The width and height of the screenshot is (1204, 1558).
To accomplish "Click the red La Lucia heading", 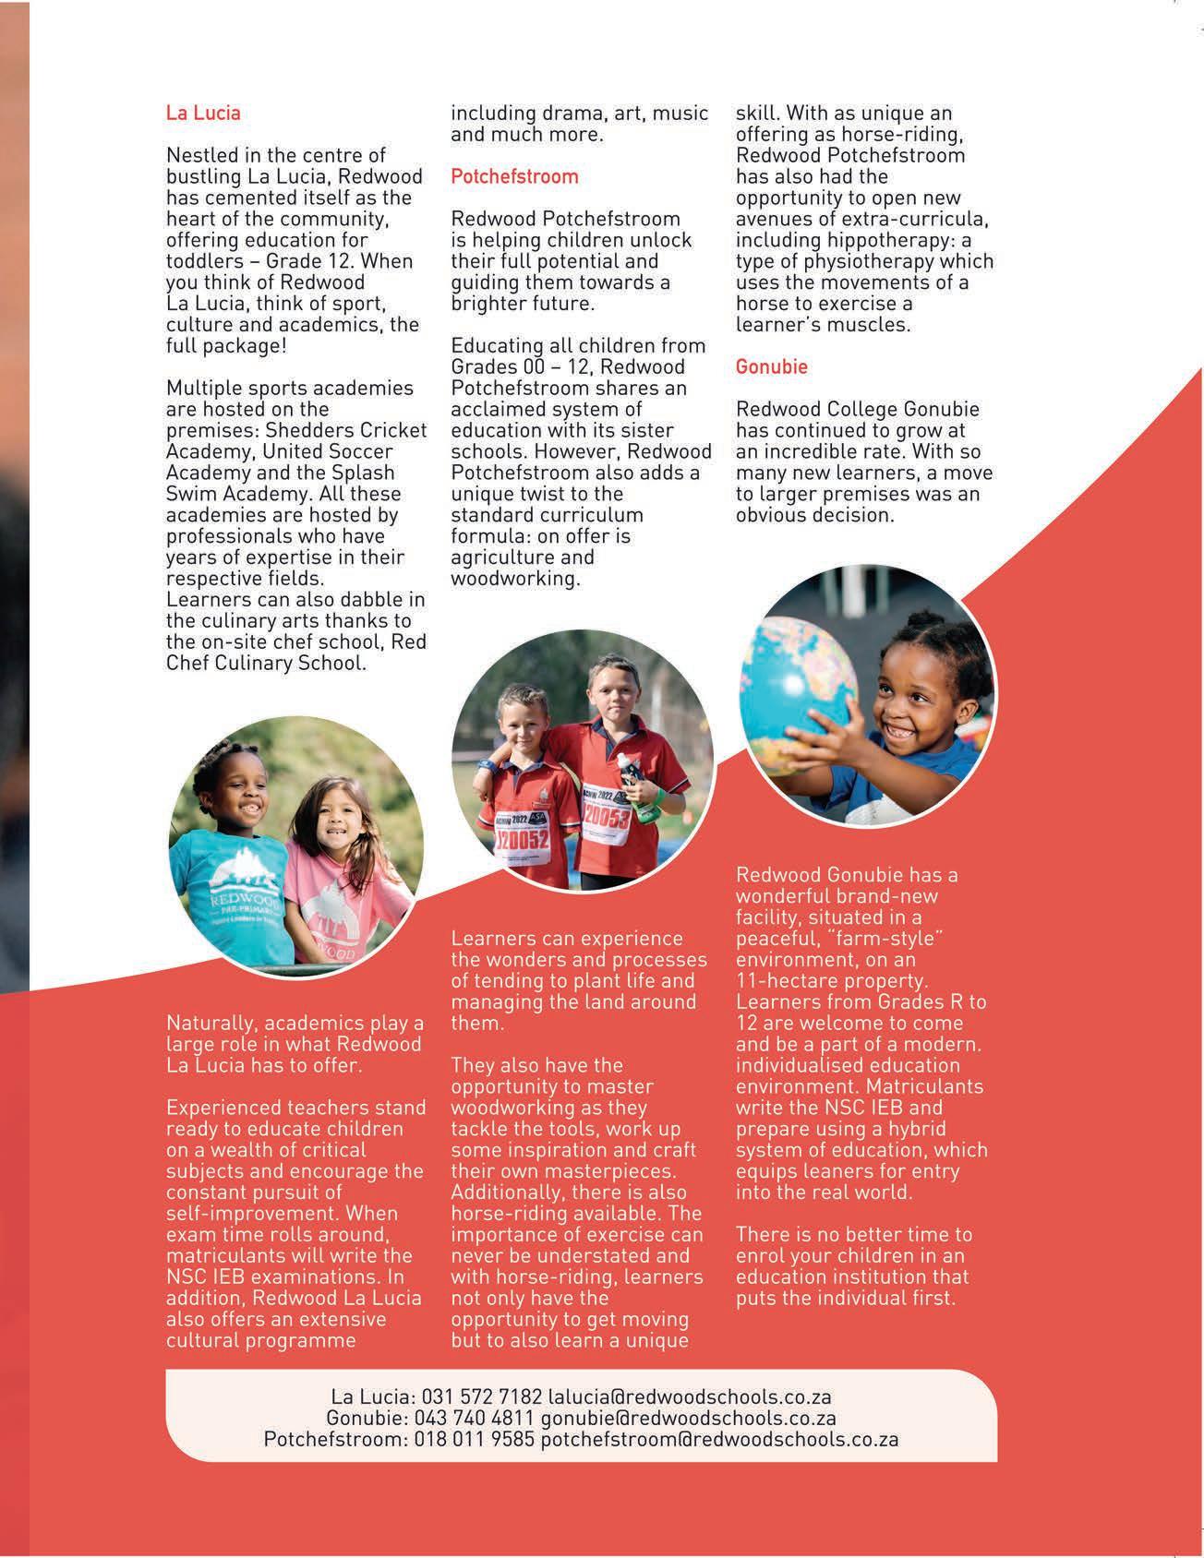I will coord(203,114).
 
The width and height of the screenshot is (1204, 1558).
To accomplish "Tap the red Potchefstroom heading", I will coord(514,176).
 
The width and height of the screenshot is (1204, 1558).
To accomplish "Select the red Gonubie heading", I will coord(771,366).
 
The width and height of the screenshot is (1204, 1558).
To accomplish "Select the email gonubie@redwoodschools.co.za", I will coord(688,1418).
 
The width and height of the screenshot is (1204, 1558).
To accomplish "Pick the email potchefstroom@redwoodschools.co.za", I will coord(719,1439).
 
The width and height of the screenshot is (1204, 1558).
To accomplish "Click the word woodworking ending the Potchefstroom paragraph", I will coord(514,579).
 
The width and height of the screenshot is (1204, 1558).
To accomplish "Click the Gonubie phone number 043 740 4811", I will coord(474,1418).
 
